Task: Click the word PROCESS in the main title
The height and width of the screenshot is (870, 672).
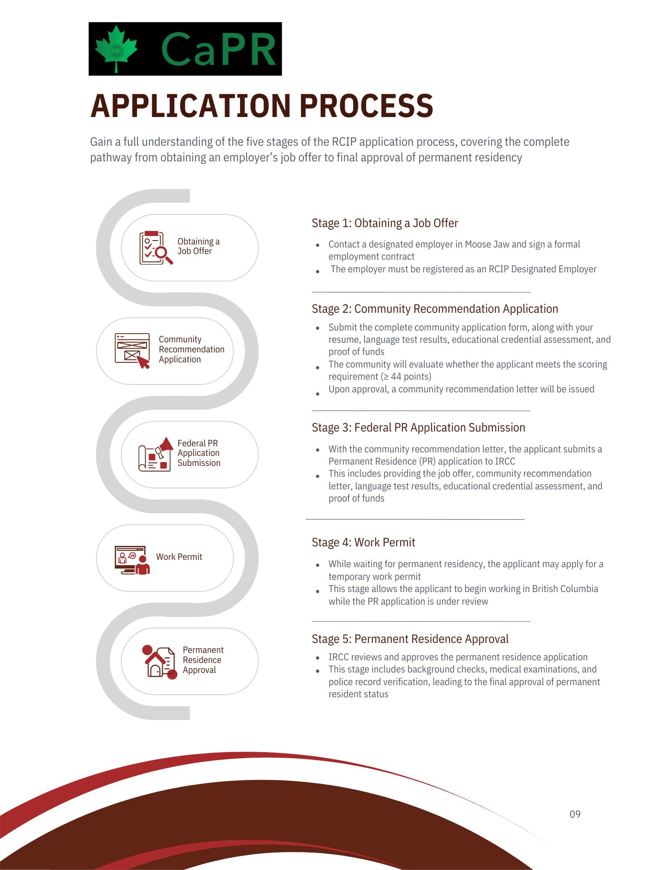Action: (x=366, y=106)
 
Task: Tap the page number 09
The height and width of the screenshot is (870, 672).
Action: (x=575, y=814)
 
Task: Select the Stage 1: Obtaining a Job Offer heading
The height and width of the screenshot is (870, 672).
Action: (x=385, y=223)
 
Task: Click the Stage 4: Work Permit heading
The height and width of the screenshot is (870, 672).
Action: (x=363, y=542)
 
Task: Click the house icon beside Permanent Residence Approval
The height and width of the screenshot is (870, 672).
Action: (x=160, y=662)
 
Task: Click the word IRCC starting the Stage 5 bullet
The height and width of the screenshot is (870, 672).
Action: (x=339, y=657)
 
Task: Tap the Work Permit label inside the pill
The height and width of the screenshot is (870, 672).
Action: (x=179, y=557)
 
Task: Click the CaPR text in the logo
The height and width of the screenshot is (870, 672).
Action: (x=218, y=49)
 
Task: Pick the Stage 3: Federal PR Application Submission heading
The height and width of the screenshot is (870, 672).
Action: (x=418, y=428)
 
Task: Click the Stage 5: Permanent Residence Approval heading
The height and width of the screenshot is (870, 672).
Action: (x=410, y=639)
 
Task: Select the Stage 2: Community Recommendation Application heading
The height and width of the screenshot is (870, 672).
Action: (x=435, y=309)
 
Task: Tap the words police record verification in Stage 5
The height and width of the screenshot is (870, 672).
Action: (x=378, y=682)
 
